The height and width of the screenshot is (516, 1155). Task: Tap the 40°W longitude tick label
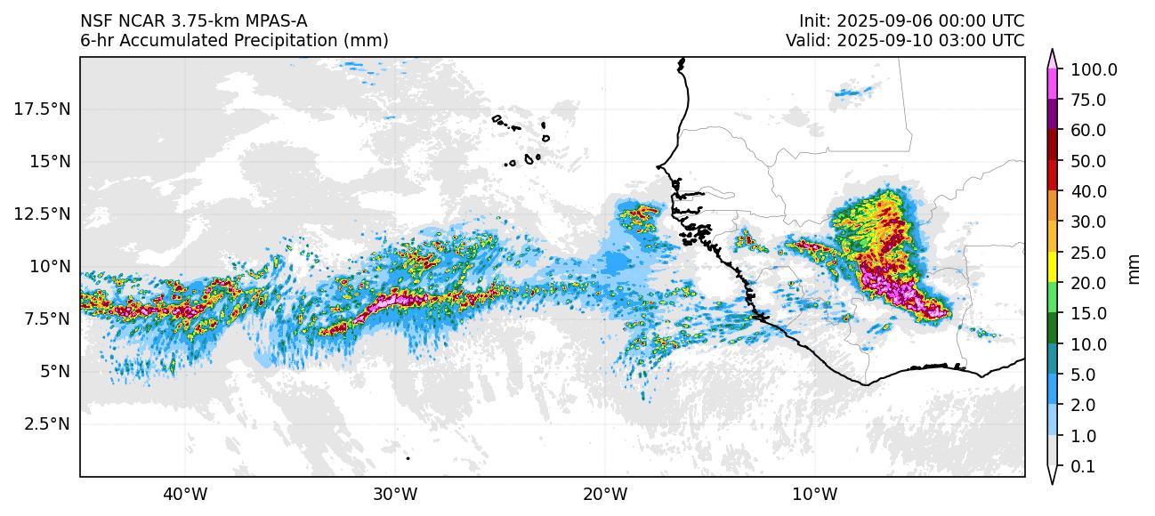(x=185, y=494)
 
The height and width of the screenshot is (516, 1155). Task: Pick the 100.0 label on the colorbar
(x=1094, y=69)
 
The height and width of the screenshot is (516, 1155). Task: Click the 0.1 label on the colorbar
(x=1082, y=467)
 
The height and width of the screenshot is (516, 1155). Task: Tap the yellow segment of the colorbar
(x=1052, y=267)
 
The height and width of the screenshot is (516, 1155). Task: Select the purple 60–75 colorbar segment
(x=1052, y=115)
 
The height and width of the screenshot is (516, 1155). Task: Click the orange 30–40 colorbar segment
(x=1052, y=206)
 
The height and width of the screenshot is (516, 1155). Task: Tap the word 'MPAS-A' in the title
(x=268, y=20)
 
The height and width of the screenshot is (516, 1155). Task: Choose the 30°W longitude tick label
(x=395, y=494)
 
